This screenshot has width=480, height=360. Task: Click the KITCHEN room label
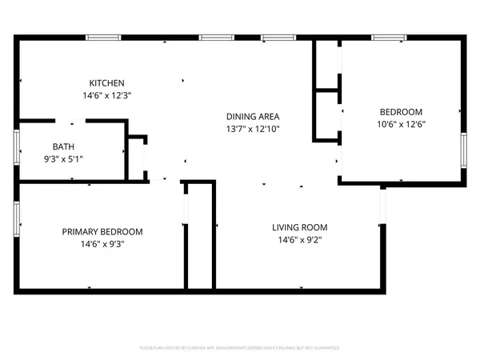pos(106,83)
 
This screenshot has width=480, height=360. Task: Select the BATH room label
pos(63,146)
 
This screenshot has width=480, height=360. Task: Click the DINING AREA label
pos(252,116)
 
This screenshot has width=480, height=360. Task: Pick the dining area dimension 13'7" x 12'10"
pos(252,128)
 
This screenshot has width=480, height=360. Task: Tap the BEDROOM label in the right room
pos(401,112)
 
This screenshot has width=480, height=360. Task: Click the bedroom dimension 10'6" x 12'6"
pos(401,124)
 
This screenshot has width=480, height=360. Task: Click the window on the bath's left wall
pos(18,147)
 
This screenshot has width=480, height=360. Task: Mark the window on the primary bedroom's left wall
pos(18,218)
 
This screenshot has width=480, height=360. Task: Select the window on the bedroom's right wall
pos(463,150)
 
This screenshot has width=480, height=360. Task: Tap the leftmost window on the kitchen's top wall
pos(104,38)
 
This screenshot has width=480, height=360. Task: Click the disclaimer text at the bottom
pos(240,348)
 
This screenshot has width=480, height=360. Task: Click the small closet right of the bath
pos(137,158)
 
